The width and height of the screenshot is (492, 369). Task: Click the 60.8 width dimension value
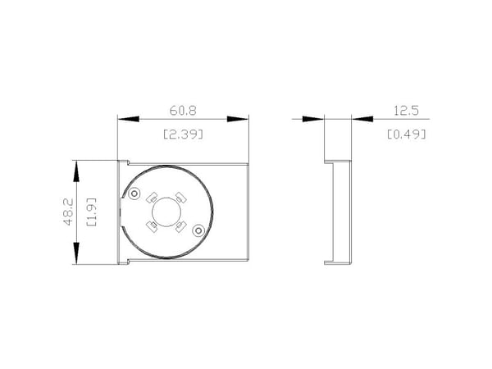click(x=183, y=111)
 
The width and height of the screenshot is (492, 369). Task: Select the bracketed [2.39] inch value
click(x=183, y=134)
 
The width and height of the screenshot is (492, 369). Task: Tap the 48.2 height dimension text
click(x=68, y=212)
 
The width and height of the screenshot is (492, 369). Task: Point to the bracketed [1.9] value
click(x=91, y=212)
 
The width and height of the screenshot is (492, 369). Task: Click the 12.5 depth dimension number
click(x=407, y=111)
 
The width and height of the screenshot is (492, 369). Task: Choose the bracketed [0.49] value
click(x=407, y=134)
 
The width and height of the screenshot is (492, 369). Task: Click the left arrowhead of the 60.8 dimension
click(x=129, y=119)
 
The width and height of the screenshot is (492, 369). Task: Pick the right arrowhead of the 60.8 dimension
click(x=238, y=119)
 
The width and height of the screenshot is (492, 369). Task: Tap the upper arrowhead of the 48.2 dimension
click(x=76, y=171)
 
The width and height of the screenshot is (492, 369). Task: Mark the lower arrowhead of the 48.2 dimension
click(x=76, y=253)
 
